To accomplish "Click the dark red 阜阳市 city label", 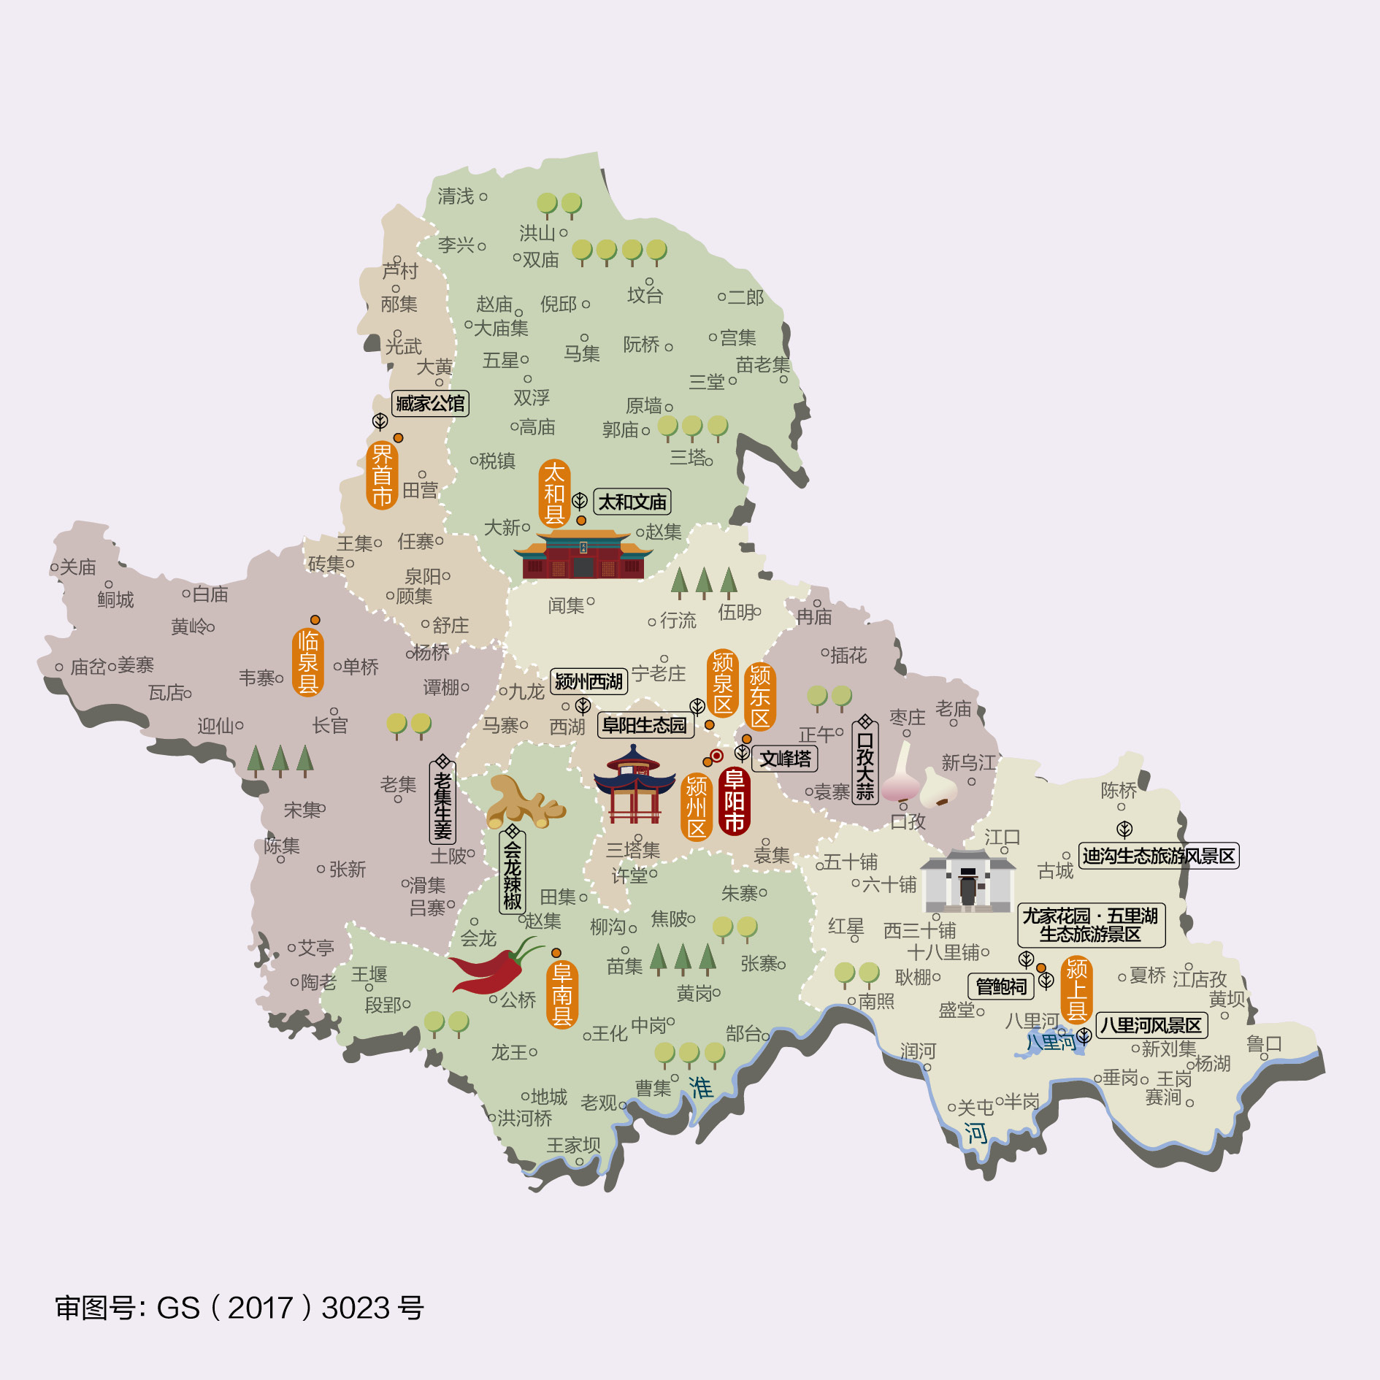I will (x=734, y=801).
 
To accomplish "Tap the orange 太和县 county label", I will (x=554, y=493).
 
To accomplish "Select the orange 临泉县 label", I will (x=307, y=662).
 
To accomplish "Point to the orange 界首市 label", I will (x=382, y=475).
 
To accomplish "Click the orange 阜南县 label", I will (x=561, y=994).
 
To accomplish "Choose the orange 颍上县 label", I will (x=1076, y=989).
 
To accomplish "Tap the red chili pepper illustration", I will (x=493, y=967).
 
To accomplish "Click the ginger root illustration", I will (x=521, y=802).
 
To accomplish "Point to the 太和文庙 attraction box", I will (x=632, y=502).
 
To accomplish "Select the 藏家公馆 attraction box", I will (x=430, y=403).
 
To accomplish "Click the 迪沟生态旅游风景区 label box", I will (x=1158, y=856).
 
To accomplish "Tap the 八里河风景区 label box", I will (x=1151, y=1025).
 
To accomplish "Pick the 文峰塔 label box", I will (x=785, y=759).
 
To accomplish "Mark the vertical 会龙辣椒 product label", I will (x=512, y=874).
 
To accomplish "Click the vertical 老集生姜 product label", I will (x=442, y=802).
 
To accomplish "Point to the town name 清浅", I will (x=456, y=196).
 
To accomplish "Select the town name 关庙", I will (x=78, y=567).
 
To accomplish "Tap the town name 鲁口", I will (x=1263, y=1043).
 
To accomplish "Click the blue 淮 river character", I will (x=700, y=1087).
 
